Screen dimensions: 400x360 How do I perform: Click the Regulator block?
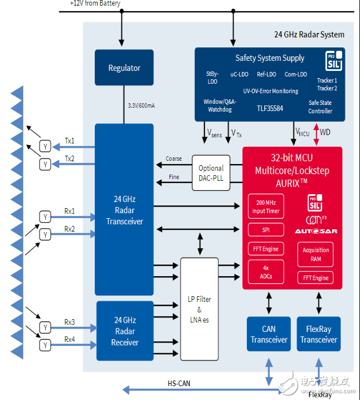click(x=124, y=68)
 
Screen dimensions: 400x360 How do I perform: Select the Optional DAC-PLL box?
click(x=211, y=172)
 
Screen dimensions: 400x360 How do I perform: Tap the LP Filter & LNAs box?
click(x=199, y=309)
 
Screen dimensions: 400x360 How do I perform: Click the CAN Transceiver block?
click(x=269, y=334)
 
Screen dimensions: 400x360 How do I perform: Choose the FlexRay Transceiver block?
click(x=318, y=334)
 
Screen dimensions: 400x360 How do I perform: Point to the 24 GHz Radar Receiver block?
click(x=124, y=331)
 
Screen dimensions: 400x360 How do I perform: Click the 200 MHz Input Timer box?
click(x=266, y=206)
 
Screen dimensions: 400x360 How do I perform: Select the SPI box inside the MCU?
click(x=266, y=230)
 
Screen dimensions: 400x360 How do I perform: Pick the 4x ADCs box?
click(x=266, y=272)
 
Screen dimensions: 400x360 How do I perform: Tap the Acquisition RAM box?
click(x=316, y=254)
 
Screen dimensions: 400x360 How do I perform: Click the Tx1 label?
click(x=69, y=141)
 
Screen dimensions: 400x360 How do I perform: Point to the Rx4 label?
click(x=69, y=339)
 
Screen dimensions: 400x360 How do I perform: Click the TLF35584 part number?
click(x=270, y=108)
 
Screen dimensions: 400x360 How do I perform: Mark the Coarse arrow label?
click(x=173, y=158)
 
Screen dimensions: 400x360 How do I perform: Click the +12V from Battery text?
click(x=95, y=3)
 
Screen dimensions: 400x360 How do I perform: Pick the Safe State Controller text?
click(x=320, y=107)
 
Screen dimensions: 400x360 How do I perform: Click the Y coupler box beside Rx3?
click(x=45, y=327)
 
